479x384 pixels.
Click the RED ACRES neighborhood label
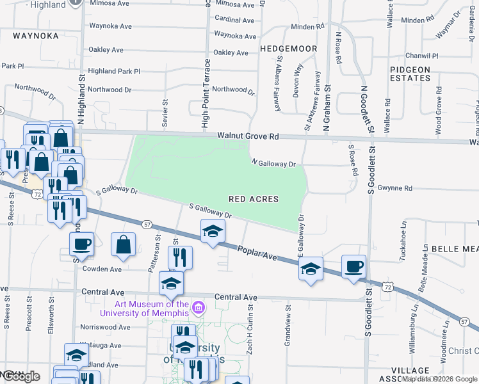click(x=254, y=199)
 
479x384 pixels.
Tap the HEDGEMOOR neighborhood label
click(x=288, y=48)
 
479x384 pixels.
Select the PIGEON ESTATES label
click(x=410, y=74)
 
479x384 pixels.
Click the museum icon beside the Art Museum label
click(x=199, y=308)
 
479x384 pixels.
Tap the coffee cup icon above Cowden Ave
click(x=81, y=244)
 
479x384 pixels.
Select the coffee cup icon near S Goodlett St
click(x=353, y=266)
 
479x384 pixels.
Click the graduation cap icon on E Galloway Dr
click(x=311, y=269)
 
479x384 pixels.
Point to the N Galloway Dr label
click(x=273, y=163)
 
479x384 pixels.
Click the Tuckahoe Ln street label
click(x=403, y=239)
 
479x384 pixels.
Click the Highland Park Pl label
click(x=113, y=71)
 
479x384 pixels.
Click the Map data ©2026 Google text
click(x=439, y=380)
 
